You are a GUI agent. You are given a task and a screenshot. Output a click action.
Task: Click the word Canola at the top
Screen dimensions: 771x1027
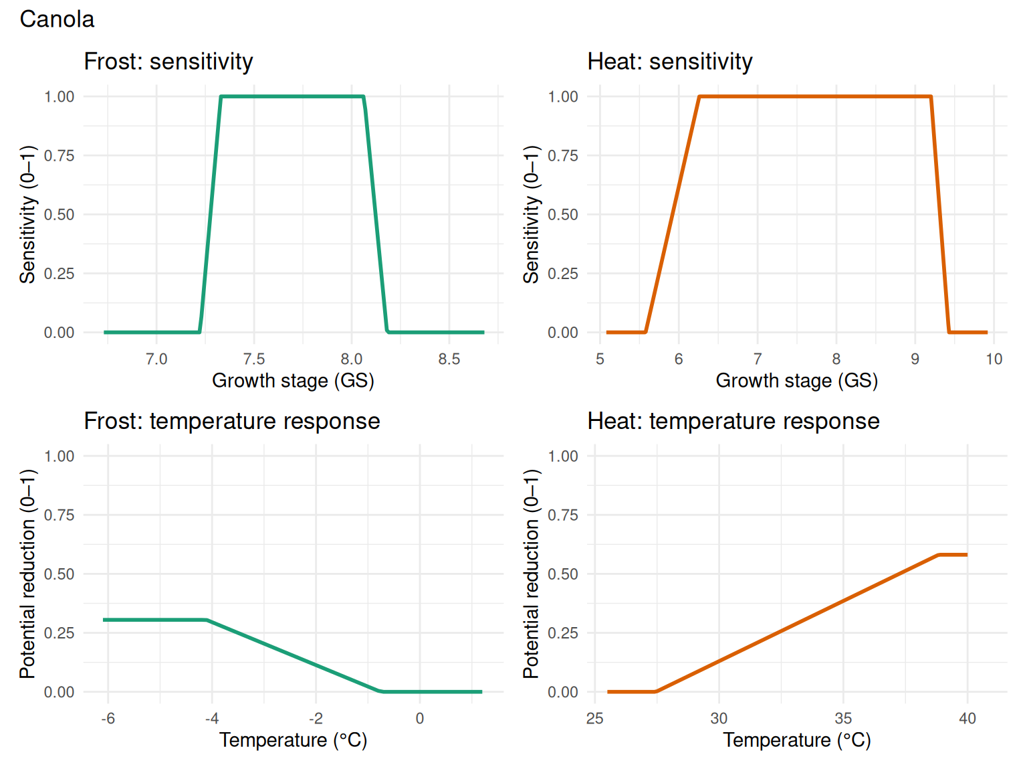[57, 19]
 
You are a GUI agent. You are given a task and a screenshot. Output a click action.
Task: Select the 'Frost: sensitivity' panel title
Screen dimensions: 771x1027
[168, 62]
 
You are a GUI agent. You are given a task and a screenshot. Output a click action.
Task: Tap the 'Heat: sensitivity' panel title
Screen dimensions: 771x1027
[669, 62]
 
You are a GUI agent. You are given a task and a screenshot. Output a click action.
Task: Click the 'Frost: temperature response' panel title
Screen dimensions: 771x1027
[231, 421]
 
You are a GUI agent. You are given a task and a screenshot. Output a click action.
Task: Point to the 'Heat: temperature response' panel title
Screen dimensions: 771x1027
[733, 421]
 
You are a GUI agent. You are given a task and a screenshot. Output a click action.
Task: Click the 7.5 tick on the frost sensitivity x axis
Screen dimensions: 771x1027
[254, 359]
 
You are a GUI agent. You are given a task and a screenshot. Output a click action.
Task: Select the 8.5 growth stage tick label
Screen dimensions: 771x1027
[449, 359]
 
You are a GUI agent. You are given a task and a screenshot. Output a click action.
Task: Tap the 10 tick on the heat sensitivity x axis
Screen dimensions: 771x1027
[994, 359]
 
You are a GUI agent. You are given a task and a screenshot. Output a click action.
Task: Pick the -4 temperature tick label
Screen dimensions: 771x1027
[211, 719]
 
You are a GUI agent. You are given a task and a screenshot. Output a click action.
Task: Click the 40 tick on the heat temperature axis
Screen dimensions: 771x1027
[967, 719]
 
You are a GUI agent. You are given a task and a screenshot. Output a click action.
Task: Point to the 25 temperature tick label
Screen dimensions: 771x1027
[594, 719]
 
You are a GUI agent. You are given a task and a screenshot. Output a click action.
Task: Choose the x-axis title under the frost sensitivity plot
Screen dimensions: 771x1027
[293, 381]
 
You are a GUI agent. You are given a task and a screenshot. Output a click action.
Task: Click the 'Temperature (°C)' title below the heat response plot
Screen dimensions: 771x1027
[796, 740]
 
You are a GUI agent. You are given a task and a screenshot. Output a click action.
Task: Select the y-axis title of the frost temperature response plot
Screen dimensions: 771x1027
[27, 574]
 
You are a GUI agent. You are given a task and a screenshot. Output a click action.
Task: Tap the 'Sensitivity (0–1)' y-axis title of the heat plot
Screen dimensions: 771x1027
[531, 214]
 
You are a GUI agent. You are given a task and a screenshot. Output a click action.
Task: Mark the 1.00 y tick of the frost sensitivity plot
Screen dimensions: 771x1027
[60, 97]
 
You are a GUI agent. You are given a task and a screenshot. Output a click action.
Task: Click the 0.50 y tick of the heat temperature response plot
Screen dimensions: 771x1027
[563, 574]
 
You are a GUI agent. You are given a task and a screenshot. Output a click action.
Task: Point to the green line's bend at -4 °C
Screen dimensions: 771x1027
[208, 620]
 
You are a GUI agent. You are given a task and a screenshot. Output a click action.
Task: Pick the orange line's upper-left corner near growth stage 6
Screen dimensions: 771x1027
[699, 97]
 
